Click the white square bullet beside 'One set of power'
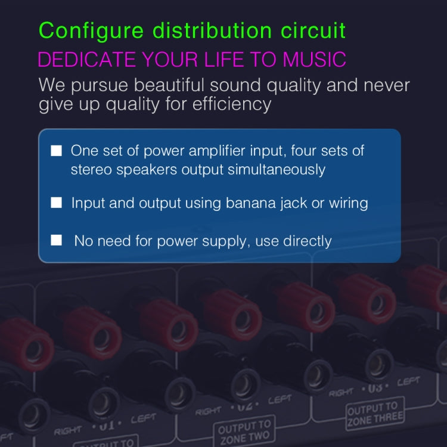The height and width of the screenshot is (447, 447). [57, 150]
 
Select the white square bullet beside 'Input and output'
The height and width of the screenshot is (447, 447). [57, 203]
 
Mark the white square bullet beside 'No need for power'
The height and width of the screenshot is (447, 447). [57, 240]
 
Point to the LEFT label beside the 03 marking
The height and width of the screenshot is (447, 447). [408, 381]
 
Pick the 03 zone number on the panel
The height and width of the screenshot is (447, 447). [374, 389]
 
